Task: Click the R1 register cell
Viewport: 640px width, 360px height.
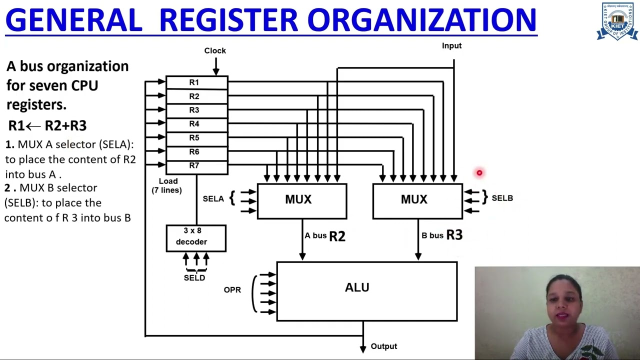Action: point(196,83)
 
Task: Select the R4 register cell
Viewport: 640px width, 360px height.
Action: point(196,124)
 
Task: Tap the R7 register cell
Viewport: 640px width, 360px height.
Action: point(196,166)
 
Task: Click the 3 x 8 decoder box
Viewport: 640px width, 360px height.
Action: point(196,238)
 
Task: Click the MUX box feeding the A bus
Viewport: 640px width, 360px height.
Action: point(301,200)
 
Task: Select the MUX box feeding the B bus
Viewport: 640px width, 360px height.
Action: point(417,200)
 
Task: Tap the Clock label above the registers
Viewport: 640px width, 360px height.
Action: point(215,50)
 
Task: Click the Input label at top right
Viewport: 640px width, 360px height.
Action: point(451,45)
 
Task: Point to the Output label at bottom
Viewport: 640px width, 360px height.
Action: point(383,346)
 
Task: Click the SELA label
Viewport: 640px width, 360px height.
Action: point(213,199)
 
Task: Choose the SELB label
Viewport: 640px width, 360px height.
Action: point(502,198)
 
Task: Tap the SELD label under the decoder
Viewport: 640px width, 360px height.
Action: point(194,278)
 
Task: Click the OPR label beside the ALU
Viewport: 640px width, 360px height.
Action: point(232,290)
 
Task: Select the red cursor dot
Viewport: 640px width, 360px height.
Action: point(479,173)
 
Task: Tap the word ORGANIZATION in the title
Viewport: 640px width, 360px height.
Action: point(421,20)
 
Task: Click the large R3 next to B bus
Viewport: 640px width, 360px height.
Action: point(454,235)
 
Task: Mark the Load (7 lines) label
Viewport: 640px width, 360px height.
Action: point(167,185)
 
